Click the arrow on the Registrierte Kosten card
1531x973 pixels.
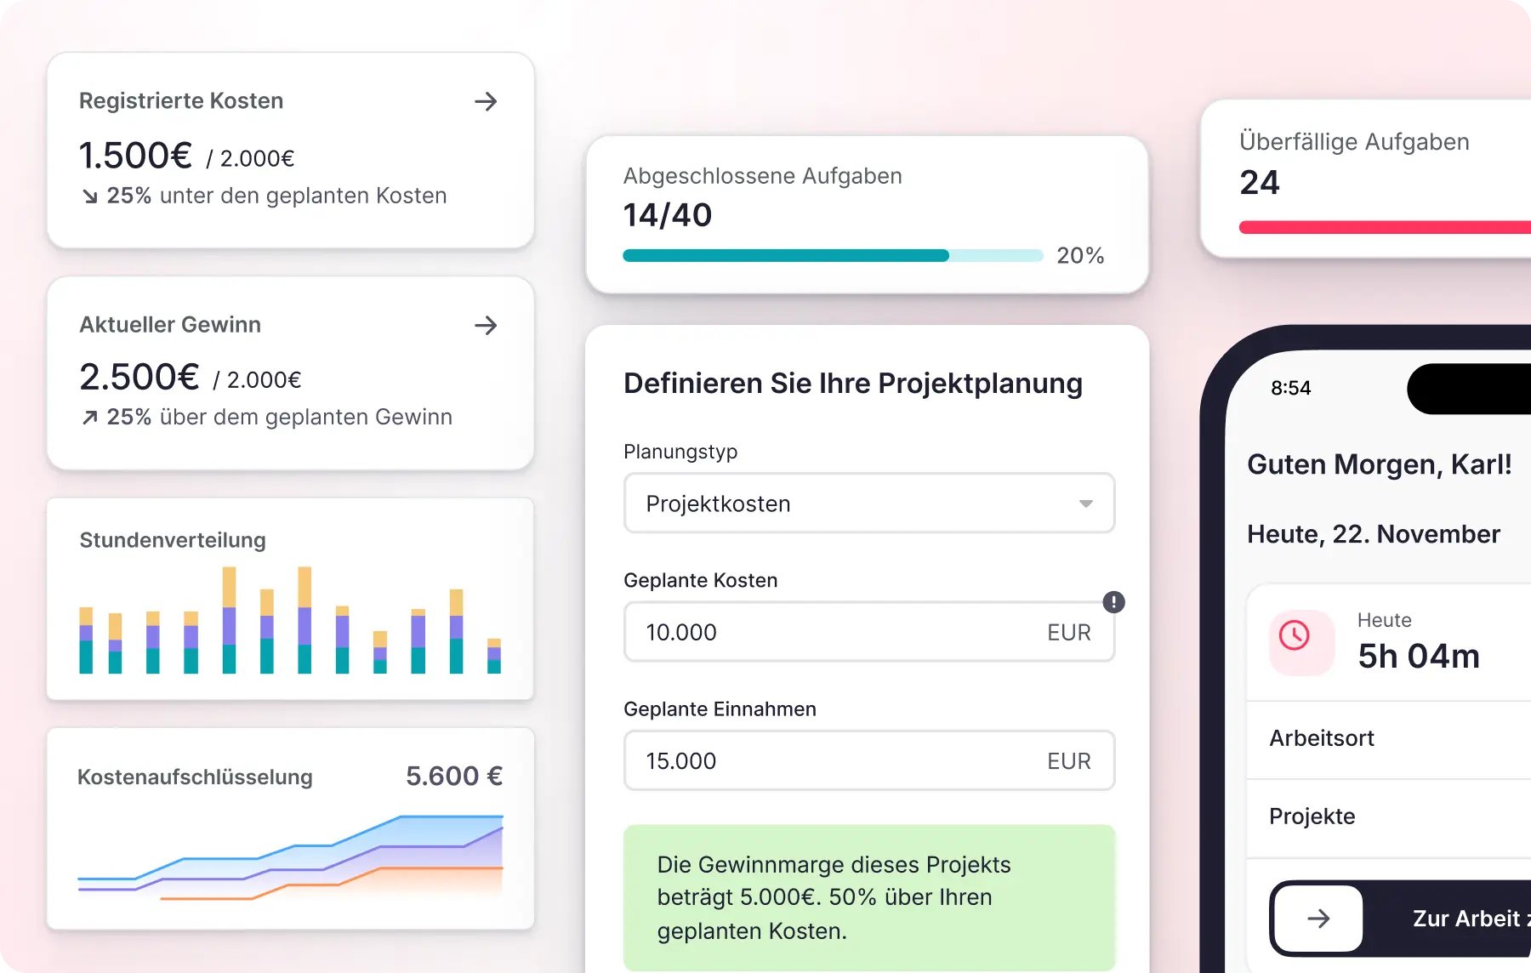click(x=486, y=101)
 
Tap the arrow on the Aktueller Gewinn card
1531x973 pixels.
click(x=486, y=325)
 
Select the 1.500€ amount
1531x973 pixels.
click(x=136, y=156)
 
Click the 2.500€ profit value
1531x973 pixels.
click(x=139, y=377)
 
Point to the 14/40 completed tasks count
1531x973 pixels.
click(x=668, y=215)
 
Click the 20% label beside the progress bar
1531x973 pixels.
click(x=1080, y=255)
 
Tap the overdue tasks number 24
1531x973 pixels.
click(x=1260, y=183)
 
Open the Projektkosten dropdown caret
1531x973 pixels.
click(x=1086, y=504)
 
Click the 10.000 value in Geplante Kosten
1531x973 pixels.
click(x=681, y=632)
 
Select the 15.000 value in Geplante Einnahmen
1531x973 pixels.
click(x=681, y=760)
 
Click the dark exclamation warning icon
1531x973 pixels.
click(x=1113, y=602)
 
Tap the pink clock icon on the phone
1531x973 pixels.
click(x=1295, y=635)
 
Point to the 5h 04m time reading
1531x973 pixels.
click(x=1419, y=656)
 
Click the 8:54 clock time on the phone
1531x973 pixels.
click(x=1291, y=388)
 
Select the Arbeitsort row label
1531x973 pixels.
click(x=1322, y=738)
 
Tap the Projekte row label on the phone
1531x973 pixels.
click(x=1312, y=817)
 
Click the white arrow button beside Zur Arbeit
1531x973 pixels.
click(x=1318, y=919)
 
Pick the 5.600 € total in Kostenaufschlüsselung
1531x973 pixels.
click(x=454, y=776)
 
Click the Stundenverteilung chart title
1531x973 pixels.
click(x=173, y=540)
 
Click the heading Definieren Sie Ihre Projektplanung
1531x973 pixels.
click(x=853, y=384)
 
